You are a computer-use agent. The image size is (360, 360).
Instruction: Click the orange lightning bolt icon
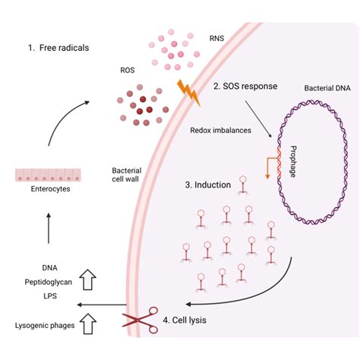pos(189,92)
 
